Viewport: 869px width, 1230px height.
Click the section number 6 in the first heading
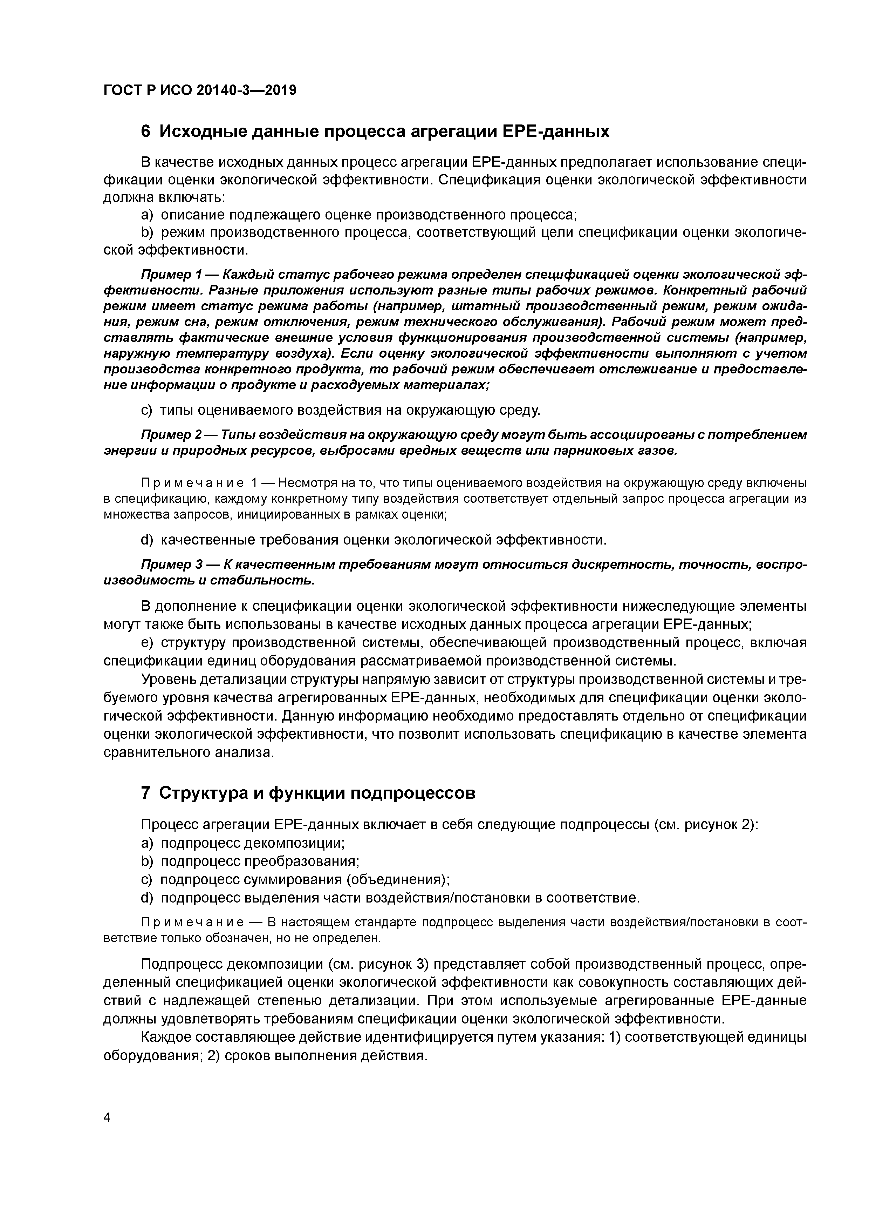146,131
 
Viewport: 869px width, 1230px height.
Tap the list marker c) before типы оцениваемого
147,410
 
